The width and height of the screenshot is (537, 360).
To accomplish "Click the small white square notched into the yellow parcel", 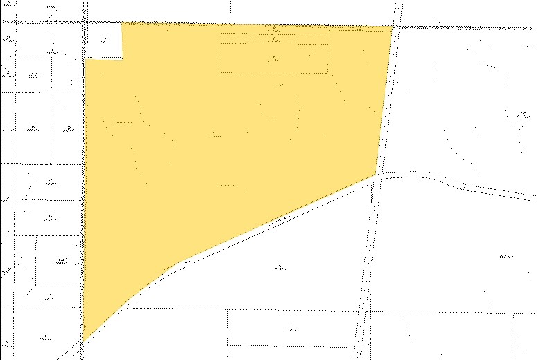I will point(104,40).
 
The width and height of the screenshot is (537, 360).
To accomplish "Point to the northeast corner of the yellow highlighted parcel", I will point(393,27).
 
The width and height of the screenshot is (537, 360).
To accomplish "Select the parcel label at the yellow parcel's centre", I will point(214,135).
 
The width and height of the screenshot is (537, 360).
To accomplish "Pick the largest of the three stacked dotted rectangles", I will point(273,59).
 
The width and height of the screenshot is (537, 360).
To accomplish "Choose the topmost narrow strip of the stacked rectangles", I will point(273,30).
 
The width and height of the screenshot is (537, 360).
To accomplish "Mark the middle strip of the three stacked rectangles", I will point(273,39).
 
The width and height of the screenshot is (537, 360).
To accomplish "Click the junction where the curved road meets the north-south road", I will point(378,177).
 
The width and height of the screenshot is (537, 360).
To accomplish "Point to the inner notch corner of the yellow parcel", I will point(122,59).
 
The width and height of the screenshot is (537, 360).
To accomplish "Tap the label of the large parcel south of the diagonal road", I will point(279,267).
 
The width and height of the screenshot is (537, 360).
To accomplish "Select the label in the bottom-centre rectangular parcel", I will point(292,328).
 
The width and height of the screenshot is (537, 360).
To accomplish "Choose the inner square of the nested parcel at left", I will point(61,260).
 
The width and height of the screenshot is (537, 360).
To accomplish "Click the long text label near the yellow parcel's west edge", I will point(124,123).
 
